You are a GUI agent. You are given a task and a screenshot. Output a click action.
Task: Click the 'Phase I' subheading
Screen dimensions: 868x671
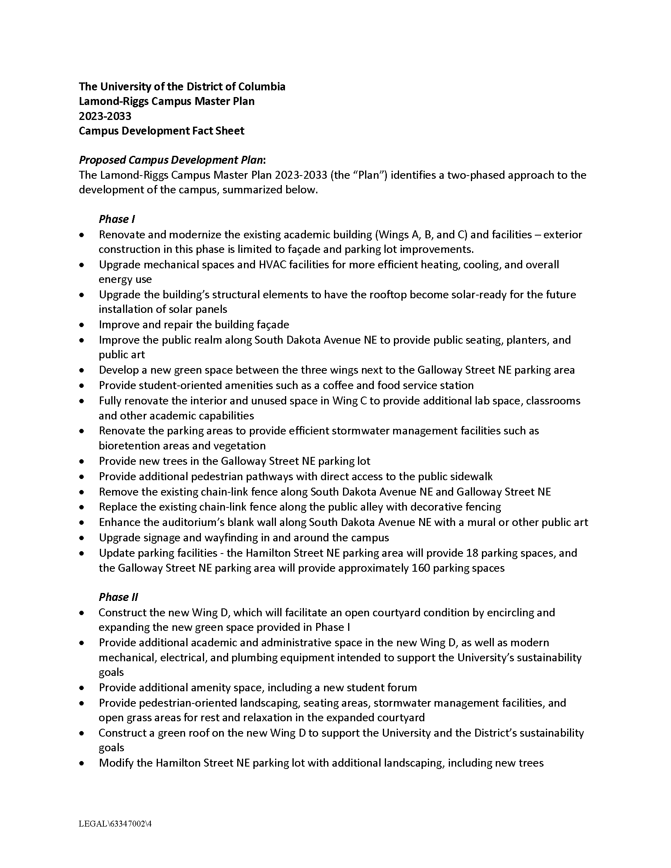click(117, 219)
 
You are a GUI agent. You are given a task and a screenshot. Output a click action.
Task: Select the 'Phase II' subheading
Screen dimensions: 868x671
click(118, 597)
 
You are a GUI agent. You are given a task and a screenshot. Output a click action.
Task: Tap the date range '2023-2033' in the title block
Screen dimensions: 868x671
click(105, 116)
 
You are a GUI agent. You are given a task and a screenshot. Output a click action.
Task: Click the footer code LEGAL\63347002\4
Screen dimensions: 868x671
click(115, 824)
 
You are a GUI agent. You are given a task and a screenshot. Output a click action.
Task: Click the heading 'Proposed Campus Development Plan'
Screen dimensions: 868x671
click(171, 160)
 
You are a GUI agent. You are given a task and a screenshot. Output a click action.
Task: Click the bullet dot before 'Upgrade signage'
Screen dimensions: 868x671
click(82, 538)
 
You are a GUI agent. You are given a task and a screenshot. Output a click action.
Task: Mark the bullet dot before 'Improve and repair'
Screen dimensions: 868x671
click(82, 325)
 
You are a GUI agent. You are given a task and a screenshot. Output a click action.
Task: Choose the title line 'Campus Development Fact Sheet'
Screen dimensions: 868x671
click(161, 131)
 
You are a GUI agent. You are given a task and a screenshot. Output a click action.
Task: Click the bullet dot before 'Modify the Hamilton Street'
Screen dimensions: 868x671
click(82, 763)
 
